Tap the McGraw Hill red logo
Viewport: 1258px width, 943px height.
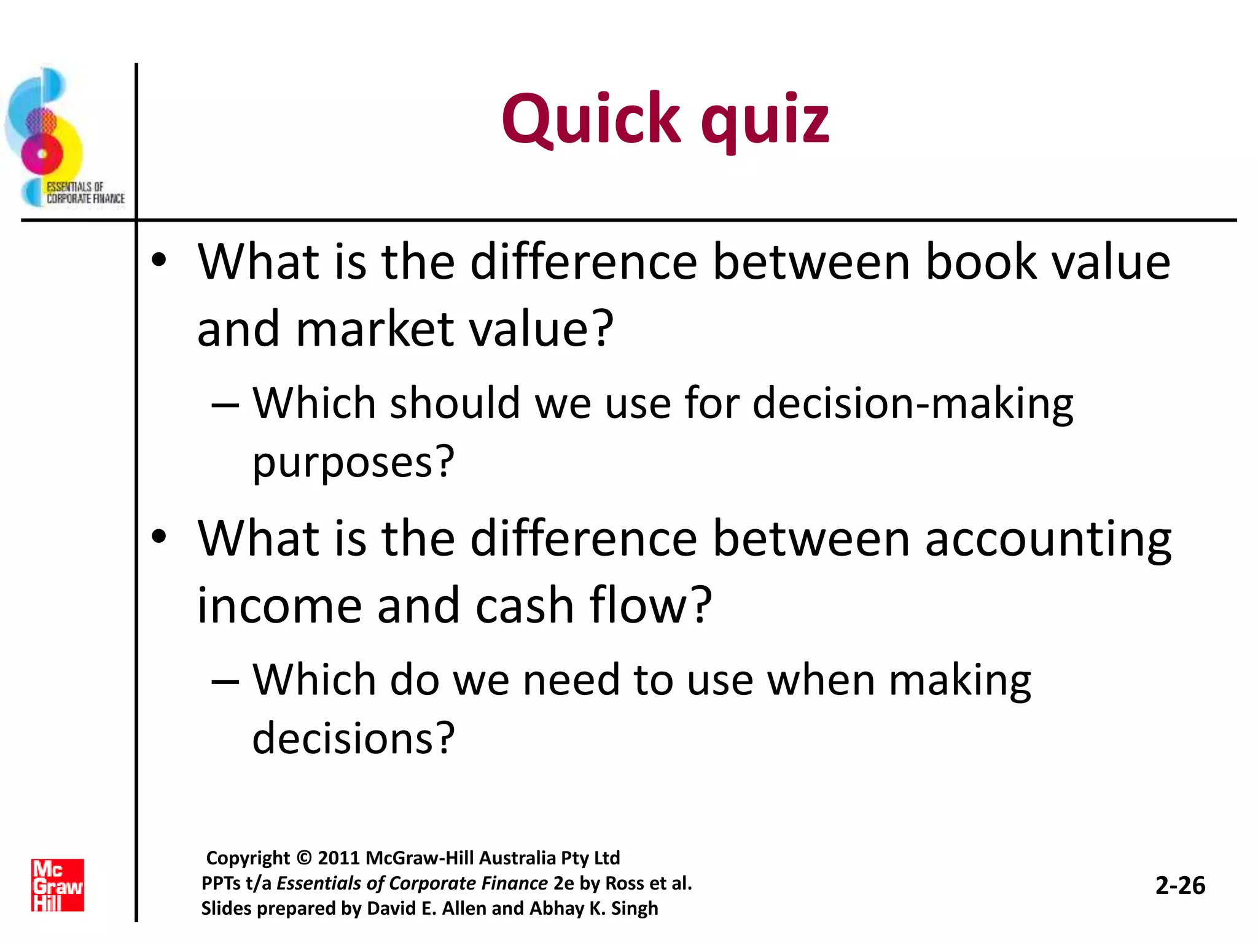(58, 885)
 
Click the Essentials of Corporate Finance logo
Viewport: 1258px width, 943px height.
(61, 139)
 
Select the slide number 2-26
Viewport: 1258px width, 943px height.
(1180, 885)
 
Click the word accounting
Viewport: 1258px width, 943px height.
(1048, 539)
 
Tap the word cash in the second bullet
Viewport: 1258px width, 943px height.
(525, 605)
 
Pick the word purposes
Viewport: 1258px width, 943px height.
(353, 462)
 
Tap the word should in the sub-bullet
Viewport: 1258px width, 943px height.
(455, 403)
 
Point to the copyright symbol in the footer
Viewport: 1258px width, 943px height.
(303, 858)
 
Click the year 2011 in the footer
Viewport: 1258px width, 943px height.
(338, 858)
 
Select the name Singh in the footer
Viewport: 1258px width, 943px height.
(634, 908)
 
